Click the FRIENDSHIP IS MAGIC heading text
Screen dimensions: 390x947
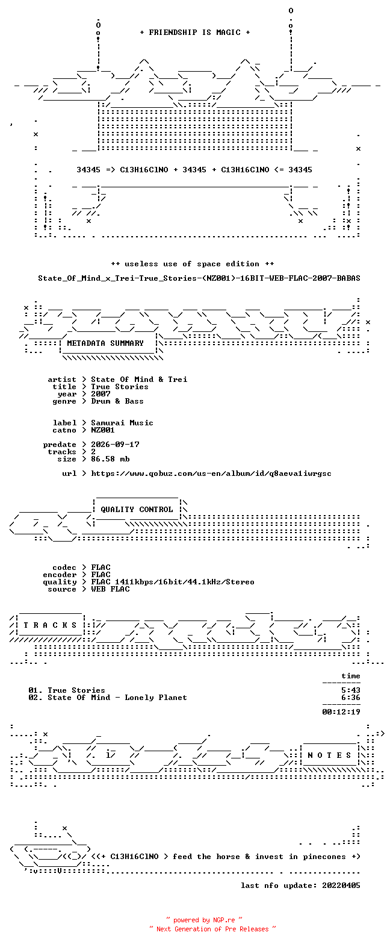click(195, 33)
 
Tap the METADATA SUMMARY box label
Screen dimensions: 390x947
click(105, 343)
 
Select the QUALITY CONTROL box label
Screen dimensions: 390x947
click(137, 510)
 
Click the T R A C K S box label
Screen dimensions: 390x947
click(50, 625)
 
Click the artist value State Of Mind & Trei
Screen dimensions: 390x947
click(139, 380)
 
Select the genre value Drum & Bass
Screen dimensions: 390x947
click(117, 401)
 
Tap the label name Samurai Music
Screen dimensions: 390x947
click(122, 423)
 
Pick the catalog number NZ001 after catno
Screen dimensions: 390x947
click(103, 430)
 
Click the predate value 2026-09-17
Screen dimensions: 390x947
click(115, 445)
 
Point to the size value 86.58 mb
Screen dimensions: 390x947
click(110, 458)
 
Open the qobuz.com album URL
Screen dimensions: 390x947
click(211, 473)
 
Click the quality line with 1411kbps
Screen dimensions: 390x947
click(173, 582)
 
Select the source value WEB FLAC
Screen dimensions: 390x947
click(110, 589)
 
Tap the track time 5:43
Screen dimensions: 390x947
click(351, 690)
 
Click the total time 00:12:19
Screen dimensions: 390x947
click(341, 712)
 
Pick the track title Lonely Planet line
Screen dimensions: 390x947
click(108, 698)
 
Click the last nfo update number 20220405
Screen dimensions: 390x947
click(341, 886)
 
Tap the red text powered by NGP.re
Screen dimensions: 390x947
click(205, 920)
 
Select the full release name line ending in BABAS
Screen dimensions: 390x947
click(199, 278)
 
